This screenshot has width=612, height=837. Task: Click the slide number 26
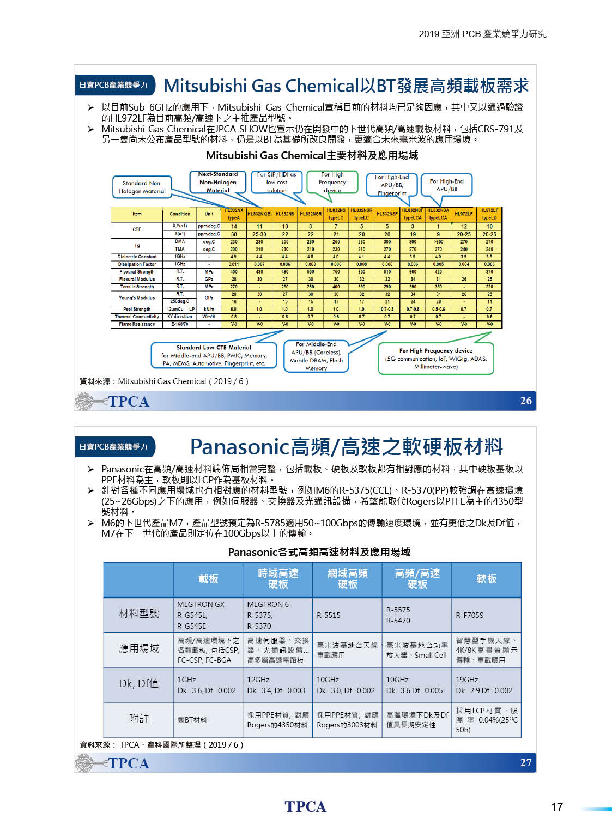point(525,401)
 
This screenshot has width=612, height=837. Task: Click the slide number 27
point(525,762)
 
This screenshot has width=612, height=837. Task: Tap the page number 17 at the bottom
point(556,806)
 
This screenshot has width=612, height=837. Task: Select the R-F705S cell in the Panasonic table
point(470,615)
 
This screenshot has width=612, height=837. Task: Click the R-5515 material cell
point(329,615)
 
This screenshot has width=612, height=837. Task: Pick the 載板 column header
point(208,579)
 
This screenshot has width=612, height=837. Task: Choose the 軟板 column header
point(486,579)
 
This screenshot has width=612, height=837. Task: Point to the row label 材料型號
point(139,614)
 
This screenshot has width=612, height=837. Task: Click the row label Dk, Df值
point(139,683)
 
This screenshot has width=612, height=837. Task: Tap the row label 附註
point(139,719)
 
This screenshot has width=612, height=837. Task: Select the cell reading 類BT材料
point(192,720)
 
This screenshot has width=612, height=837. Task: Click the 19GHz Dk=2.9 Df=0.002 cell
point(484,685)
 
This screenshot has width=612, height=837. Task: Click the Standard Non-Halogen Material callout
point(142,187)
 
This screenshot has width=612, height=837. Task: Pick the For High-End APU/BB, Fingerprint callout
point(391,185)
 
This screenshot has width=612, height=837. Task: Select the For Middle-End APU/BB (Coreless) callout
point(316,356)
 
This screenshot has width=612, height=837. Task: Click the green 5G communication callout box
point(435,359)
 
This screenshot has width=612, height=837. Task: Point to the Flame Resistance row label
point(137,324)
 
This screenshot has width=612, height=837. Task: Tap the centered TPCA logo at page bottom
point(305,806)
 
